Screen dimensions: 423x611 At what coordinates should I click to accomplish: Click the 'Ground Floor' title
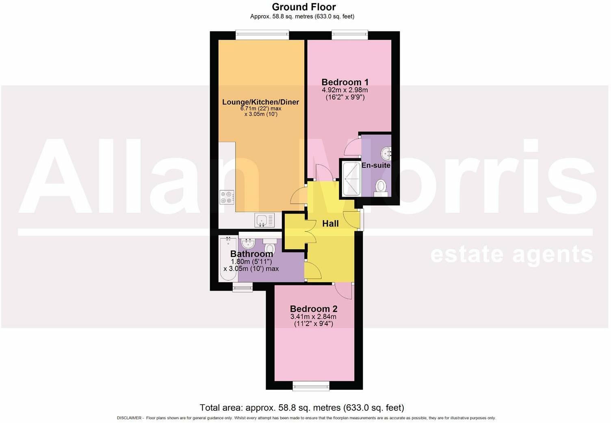pos(303,7)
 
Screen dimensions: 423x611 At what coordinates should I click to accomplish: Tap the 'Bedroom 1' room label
pos(345,82)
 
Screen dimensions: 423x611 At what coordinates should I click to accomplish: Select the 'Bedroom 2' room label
pos(313,309)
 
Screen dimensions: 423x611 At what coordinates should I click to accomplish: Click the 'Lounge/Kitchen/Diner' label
pos(260,102)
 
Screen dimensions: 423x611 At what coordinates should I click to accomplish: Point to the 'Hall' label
pos(330,224)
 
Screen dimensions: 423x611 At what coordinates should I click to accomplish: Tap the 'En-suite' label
pos(376,165)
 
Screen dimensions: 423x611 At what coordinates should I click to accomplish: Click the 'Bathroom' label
pos(251,254)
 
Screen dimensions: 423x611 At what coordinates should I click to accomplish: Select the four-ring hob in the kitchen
pos(227,197)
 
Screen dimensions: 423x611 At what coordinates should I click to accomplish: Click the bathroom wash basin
pos(248,244)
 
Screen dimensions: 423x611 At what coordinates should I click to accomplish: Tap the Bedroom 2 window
pos(311,386)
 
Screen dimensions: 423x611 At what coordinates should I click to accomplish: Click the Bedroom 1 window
pos(350,35)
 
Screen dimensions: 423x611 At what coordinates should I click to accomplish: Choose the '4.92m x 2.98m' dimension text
pos(345,90)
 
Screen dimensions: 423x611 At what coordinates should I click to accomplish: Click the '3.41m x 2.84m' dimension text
pos(313,317)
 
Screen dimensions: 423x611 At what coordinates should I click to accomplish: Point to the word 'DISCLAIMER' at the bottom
pos(129,418)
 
